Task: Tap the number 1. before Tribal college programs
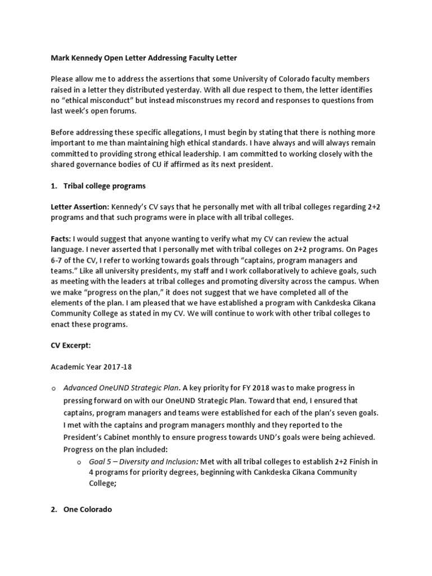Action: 54,186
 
